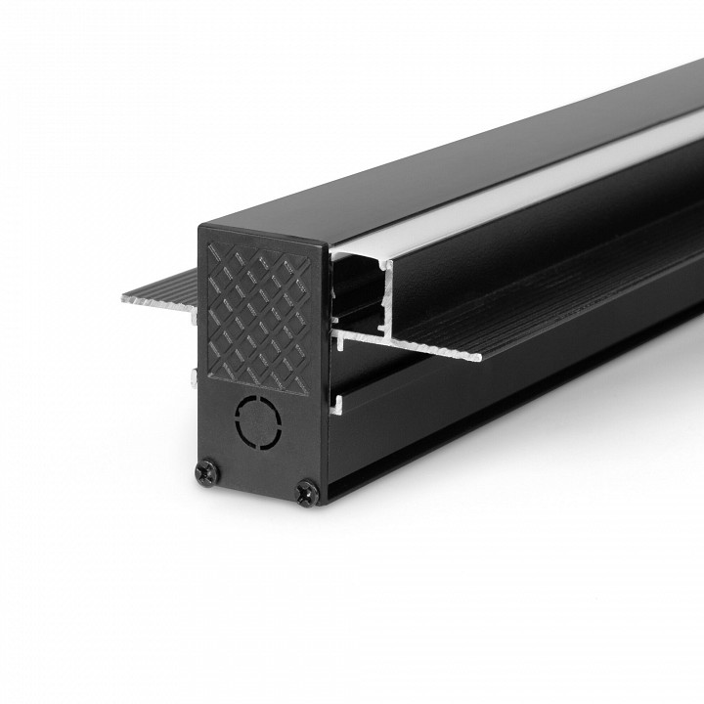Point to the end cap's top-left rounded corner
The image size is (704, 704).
[206, 232]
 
